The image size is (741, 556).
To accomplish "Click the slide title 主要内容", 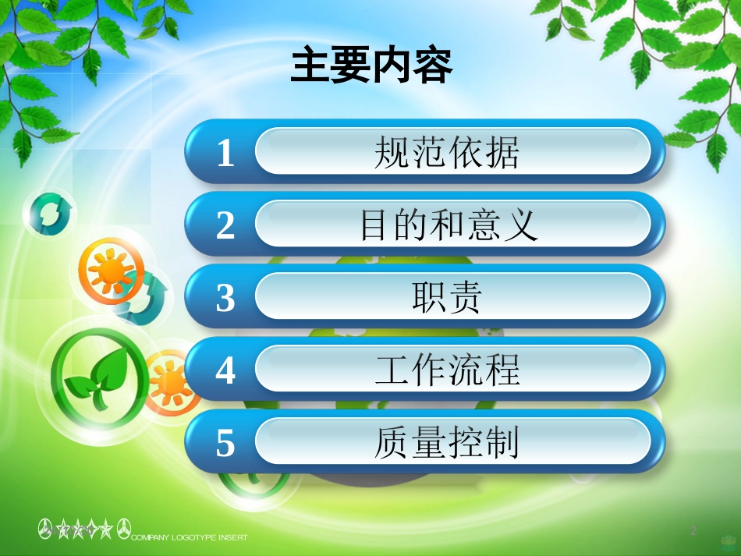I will (x=371, y=67).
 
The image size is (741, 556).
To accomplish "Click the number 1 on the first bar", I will (x=225, y=153).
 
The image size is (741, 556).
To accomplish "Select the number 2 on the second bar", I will (x=225, y=225).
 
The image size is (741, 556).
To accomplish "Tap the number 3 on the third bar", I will (x=225, y=298).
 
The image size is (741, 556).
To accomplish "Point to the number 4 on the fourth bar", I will (x=225, y=370).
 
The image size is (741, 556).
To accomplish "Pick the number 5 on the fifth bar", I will (x=225, y=444).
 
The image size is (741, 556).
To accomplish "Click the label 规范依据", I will (x=446, y=153).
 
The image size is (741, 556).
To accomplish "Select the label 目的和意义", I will (x=448, y=225).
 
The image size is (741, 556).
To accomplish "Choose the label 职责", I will (x=447, y=298).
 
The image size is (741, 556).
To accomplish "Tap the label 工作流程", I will (x=447, y=370).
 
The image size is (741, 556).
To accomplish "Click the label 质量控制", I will (x=446, y=444).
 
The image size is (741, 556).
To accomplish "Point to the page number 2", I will (x=693, y=531).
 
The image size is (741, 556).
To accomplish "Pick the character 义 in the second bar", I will (x=522, y=225).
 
